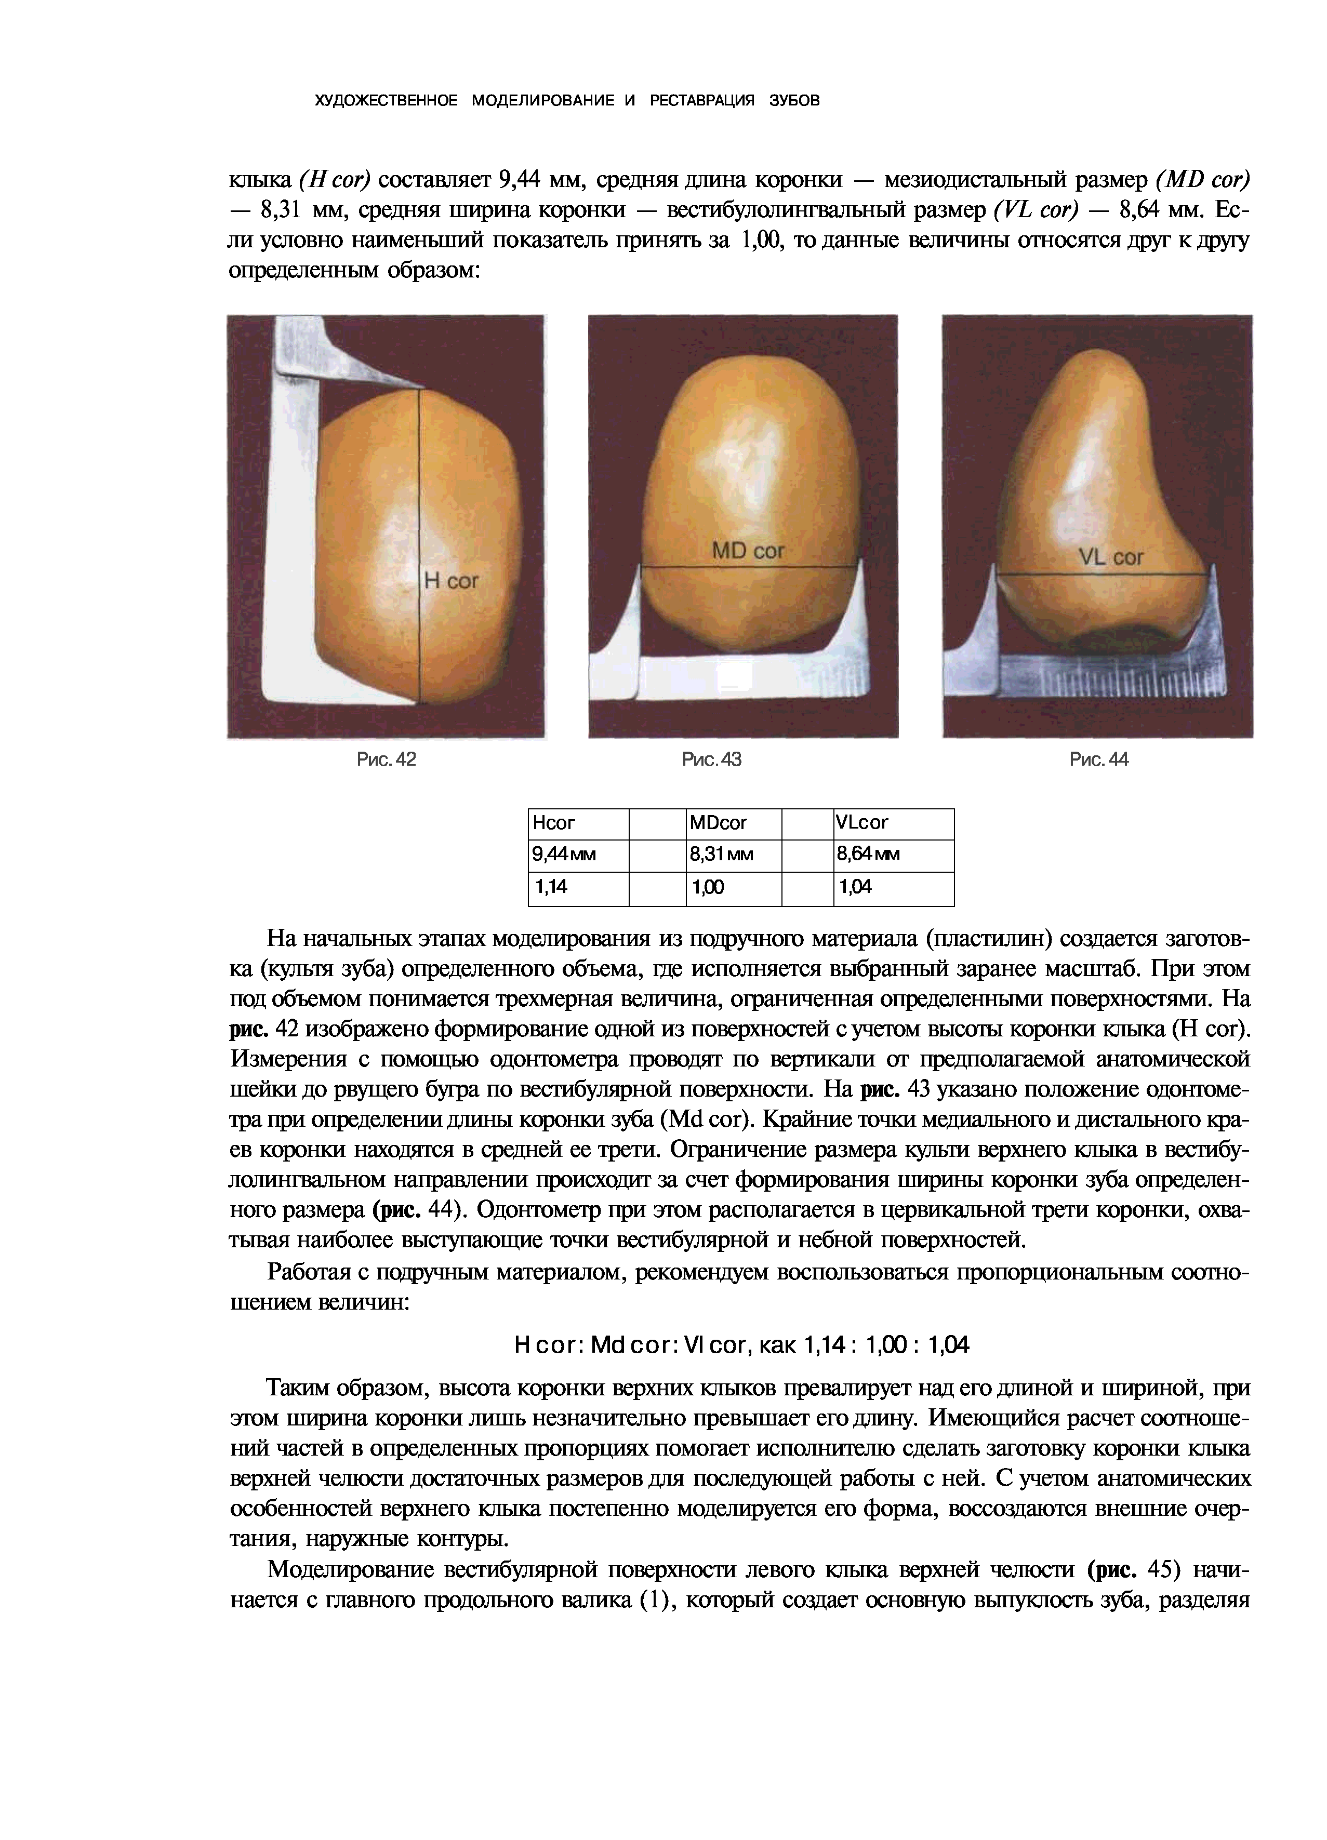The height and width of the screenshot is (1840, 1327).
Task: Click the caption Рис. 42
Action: (x=387, y=759)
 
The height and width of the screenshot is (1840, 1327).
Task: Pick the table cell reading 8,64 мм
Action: (x=893, y=855)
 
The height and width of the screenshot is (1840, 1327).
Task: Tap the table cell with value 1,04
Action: (x=893, y=888)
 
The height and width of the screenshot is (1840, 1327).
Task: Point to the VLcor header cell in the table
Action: (x=893, y=823)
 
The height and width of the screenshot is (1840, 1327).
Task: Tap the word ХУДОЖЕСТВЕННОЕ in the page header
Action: (x=386, y=101)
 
